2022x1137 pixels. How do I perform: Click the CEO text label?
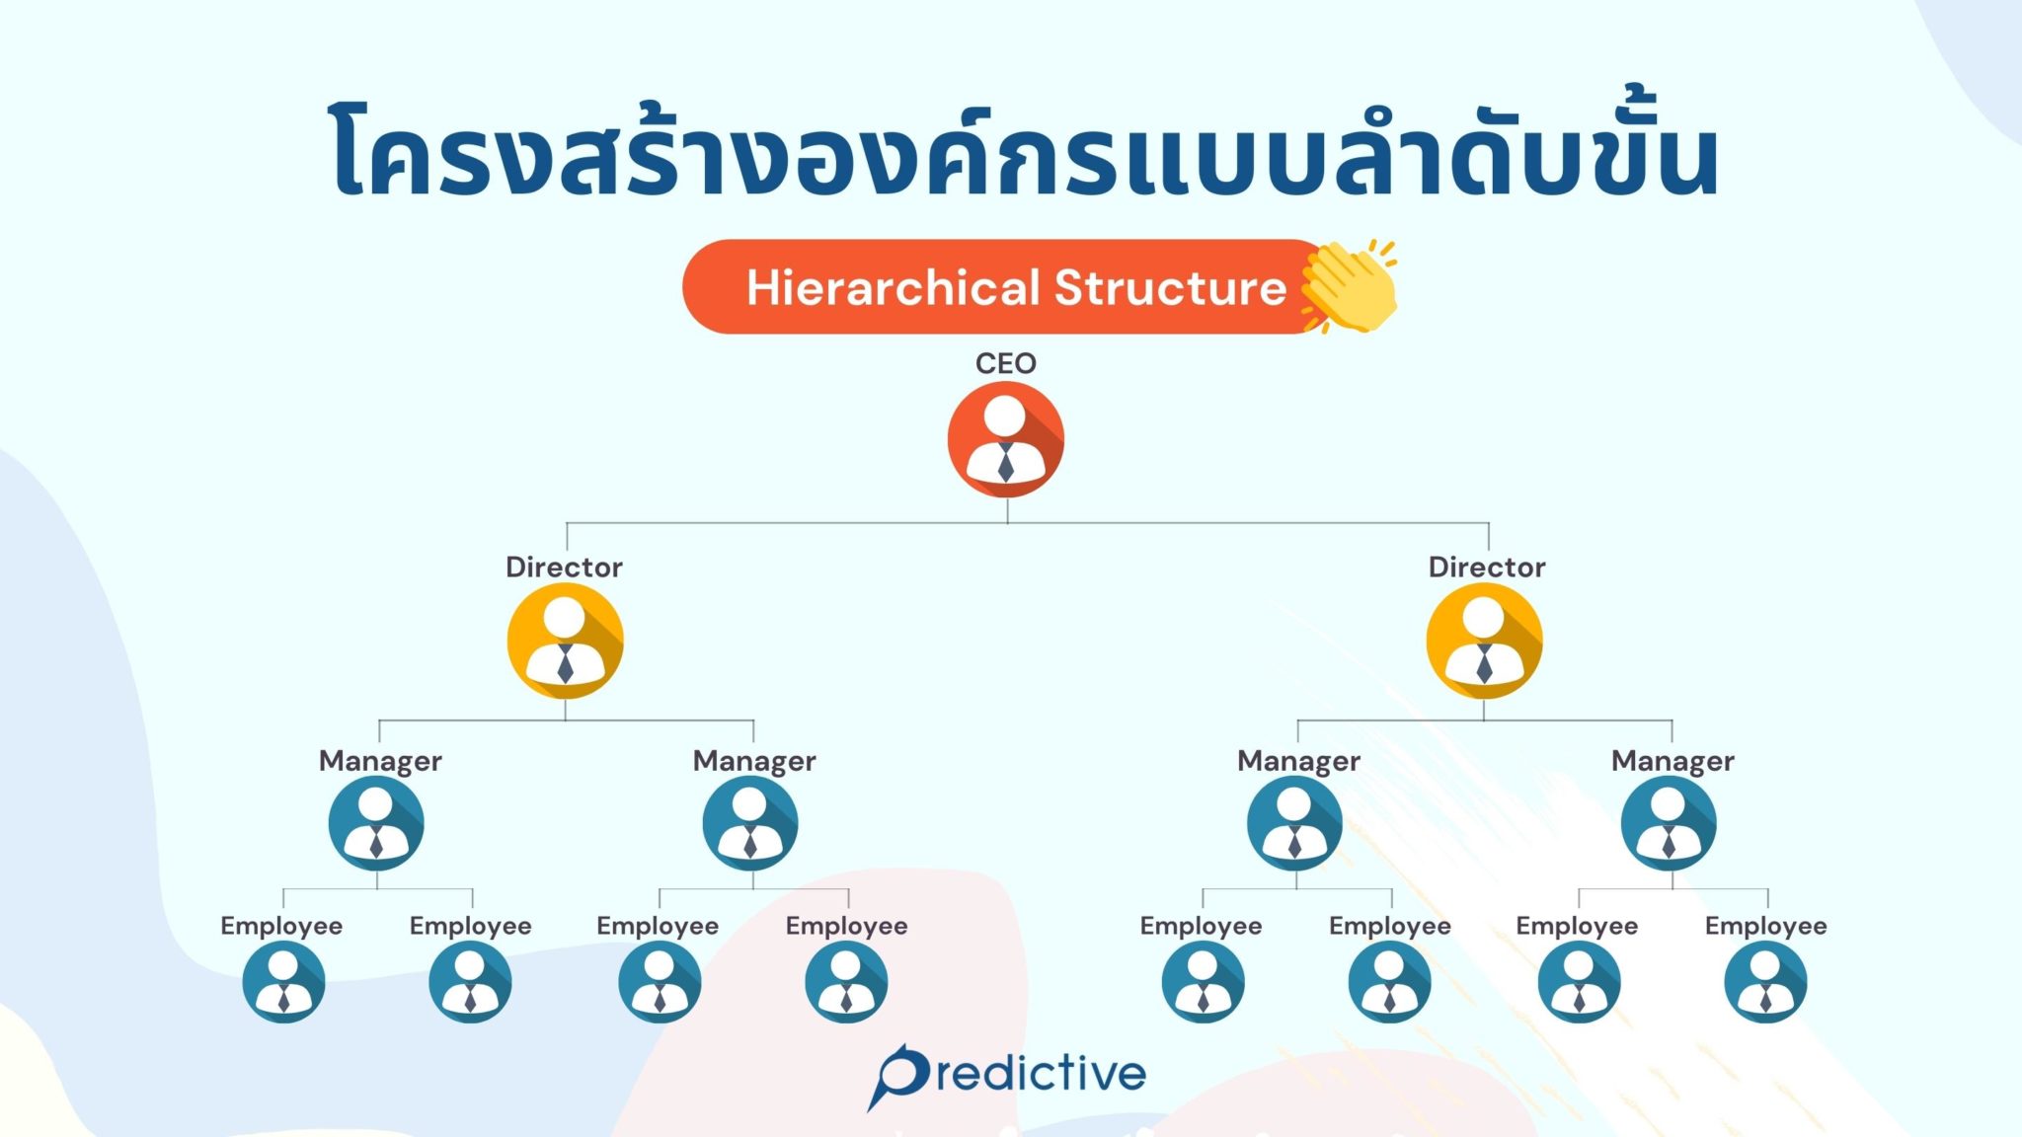coord(1005,363)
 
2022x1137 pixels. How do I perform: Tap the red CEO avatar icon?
coord(1005,439)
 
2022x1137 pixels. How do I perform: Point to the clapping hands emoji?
coord(1349,286)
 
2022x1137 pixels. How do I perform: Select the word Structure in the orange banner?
coord(1171,287)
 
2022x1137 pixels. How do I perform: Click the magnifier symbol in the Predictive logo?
coord(900,1077)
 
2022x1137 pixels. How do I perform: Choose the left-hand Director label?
coord(564,567)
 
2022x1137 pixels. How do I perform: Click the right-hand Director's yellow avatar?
coord(1484,641)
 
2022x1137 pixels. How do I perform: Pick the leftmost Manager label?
coord(380,761)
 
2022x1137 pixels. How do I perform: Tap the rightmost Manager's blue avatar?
coord(1669,823)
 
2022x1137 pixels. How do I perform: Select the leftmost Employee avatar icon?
coord(283,982)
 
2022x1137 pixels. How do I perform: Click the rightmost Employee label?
coord(1765,926)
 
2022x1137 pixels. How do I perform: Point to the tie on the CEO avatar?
coord(1005,462)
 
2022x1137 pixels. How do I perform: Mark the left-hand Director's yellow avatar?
coord(565,641)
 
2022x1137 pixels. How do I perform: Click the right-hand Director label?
coord(1487,567)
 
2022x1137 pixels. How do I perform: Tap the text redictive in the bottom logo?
coord(1042,1073)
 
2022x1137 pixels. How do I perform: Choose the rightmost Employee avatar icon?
coord(1765,982)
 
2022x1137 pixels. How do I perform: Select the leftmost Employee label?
coord(281,926)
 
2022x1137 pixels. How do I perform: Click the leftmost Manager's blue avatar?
coord(376,823)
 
